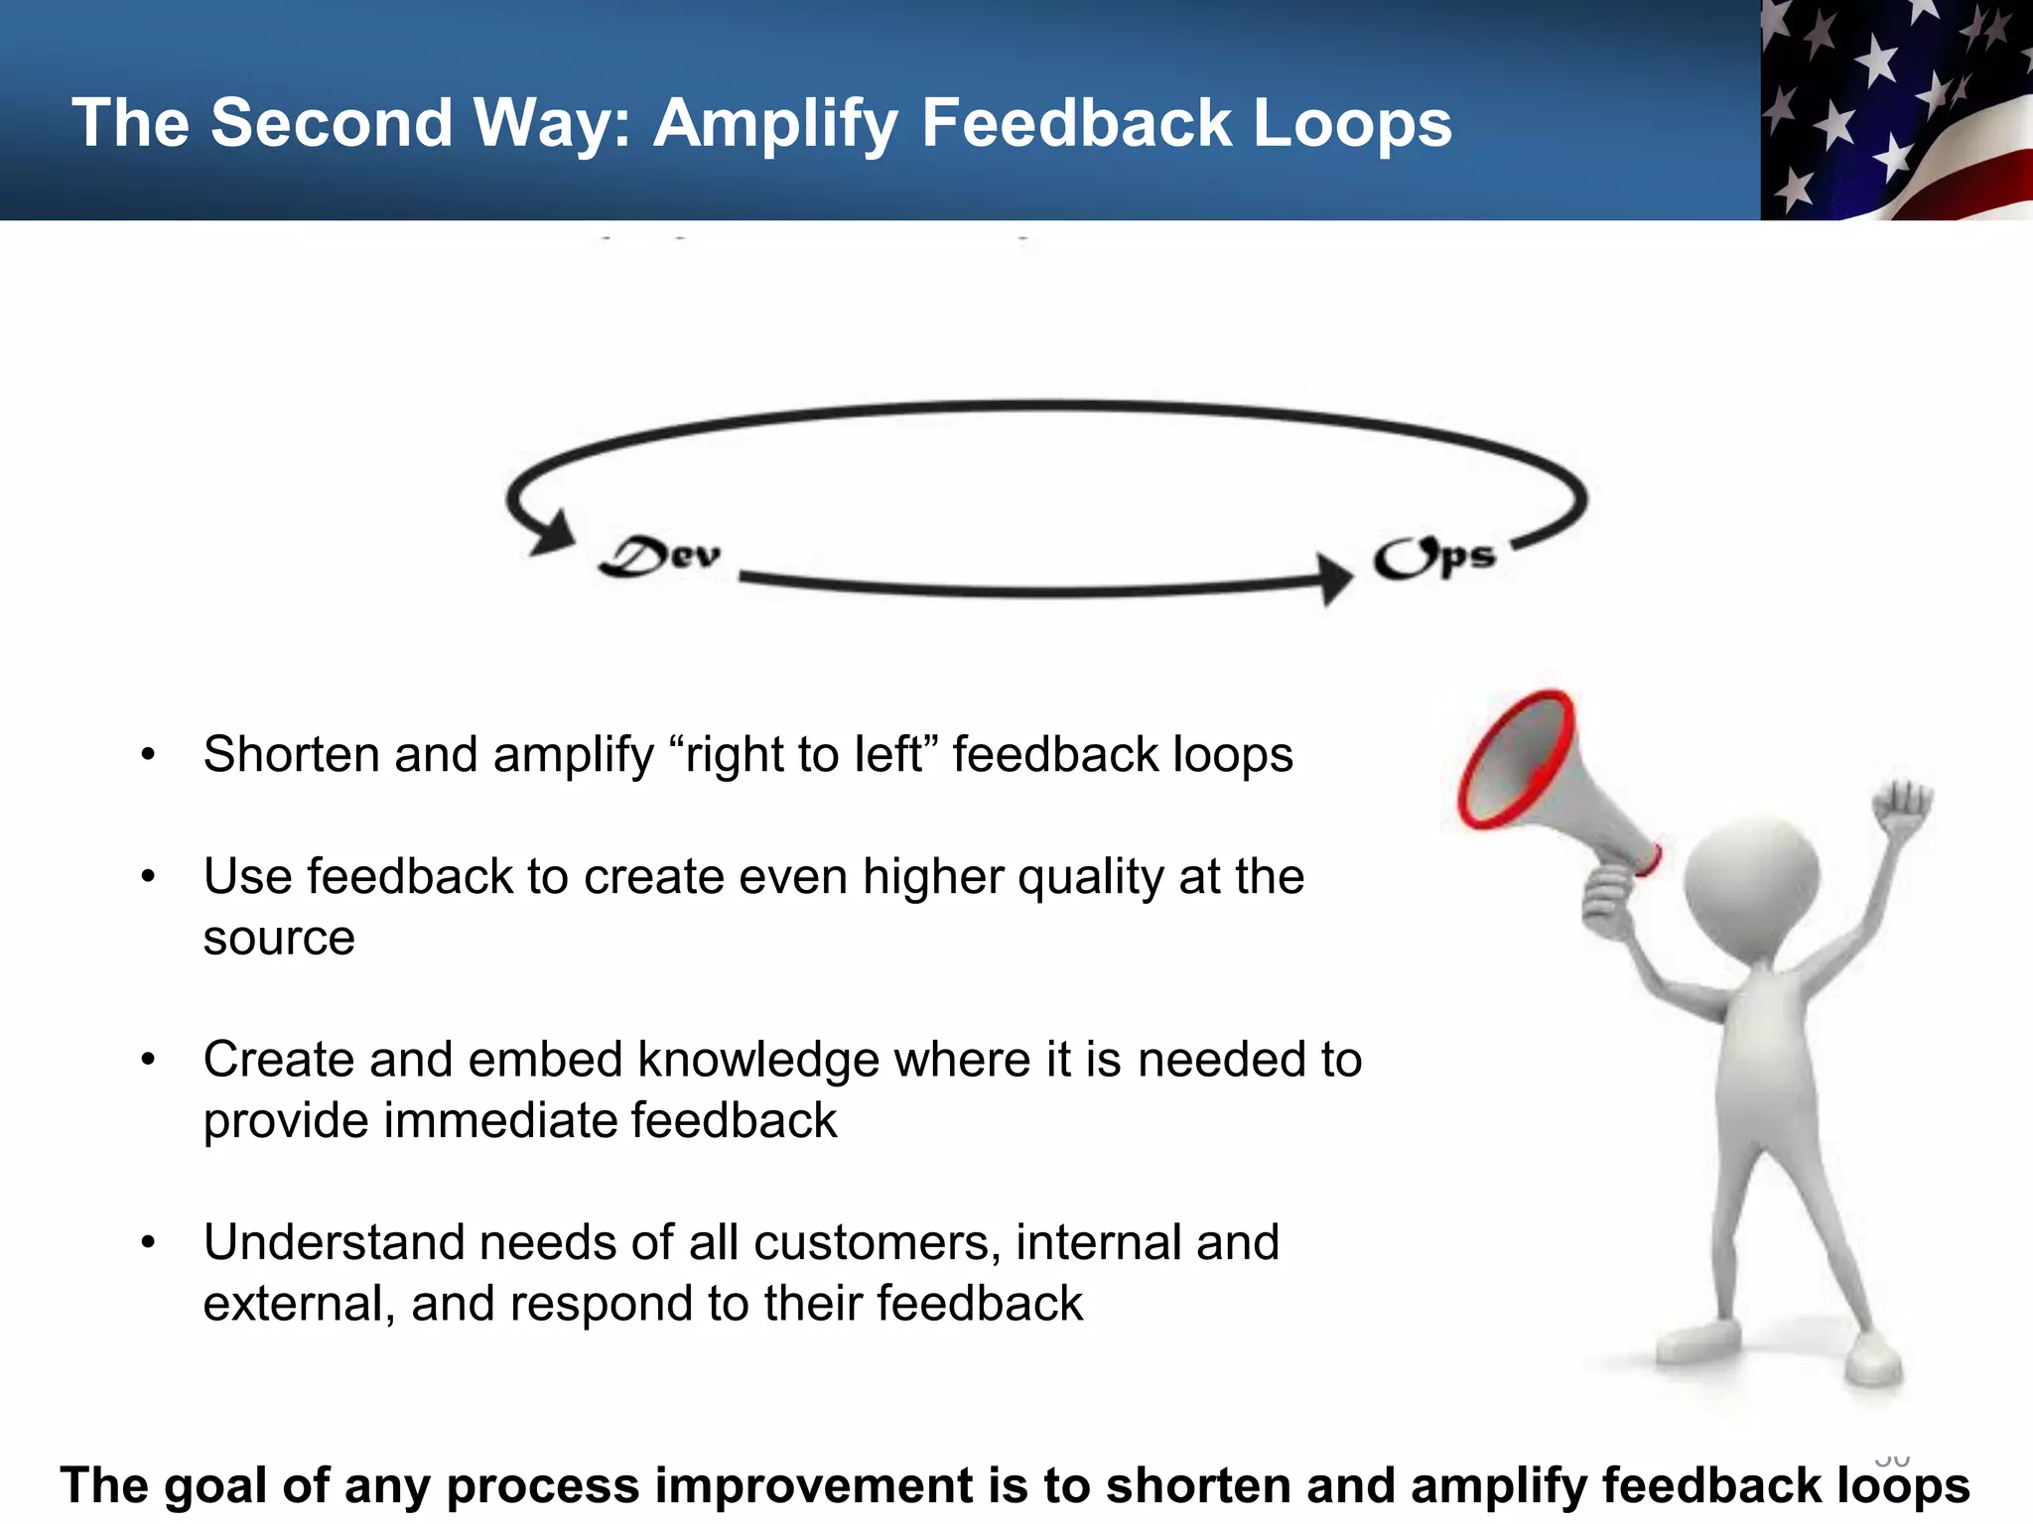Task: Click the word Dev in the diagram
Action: tap(660, 557)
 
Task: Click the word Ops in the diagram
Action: tap(1434, 558)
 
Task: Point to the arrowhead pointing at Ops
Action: tap(1334, 577)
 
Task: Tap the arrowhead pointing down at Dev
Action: tap(552, 534)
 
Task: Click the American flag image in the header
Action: tap(1896, 109)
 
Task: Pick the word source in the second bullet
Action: tap(279, 938)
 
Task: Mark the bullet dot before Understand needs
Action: tap(148, 1242)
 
